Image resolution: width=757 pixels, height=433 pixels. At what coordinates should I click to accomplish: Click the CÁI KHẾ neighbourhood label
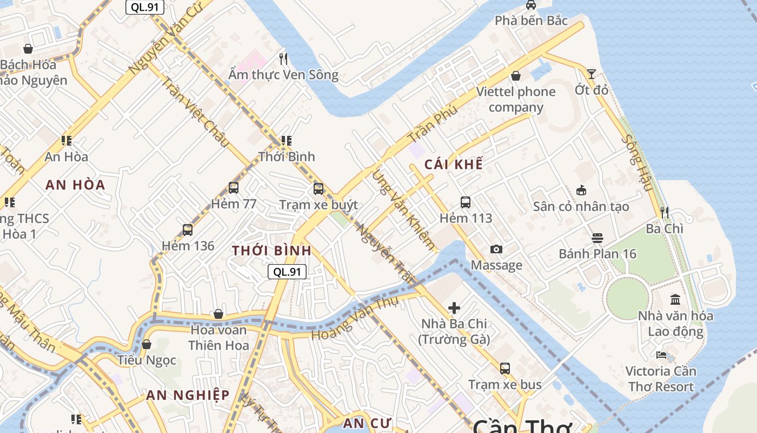pos(453,165)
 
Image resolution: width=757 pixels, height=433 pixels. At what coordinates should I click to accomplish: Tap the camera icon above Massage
pos(496,249)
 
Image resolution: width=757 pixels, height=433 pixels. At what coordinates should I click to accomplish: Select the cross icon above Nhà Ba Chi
pos(454,308)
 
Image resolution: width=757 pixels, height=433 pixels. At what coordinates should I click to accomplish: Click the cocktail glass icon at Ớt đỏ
pos(592,74)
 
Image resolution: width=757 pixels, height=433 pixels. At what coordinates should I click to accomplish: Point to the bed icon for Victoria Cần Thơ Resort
pos(661,355)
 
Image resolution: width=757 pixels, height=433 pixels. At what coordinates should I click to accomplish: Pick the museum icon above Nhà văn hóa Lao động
pos(675,299)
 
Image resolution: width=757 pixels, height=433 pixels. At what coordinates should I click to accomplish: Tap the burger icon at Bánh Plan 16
pos(597,238)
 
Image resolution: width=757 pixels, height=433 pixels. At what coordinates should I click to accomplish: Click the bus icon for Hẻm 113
pos(466,202)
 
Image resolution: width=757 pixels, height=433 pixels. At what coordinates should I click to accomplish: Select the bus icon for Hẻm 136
pos(188,229)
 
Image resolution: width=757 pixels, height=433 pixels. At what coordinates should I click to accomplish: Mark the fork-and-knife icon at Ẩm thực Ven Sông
pos(283,58)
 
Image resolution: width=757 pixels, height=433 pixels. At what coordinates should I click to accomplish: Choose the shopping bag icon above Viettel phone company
pos(516,76)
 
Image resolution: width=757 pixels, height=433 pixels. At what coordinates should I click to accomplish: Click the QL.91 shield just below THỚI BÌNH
pos(287,272)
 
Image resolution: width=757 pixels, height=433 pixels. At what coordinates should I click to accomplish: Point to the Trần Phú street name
pos(433,124)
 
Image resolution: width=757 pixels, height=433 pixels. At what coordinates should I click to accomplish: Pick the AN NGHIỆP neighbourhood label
pos(188,395)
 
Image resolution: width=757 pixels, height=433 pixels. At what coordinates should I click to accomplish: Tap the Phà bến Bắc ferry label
pos(532,21)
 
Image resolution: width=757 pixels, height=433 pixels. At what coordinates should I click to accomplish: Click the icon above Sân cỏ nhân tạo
pos(581,190)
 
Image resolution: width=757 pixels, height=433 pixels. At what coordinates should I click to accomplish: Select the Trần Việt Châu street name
pos(195,112)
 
